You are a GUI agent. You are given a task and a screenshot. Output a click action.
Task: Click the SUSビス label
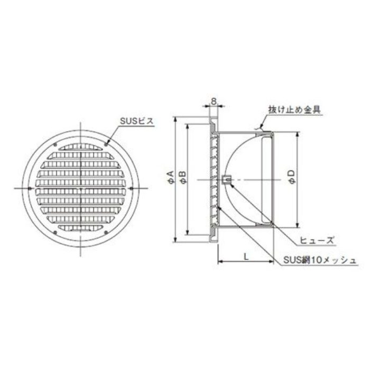[x=136, y=121]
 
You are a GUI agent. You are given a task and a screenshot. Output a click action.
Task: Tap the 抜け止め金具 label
[x=295, y=110]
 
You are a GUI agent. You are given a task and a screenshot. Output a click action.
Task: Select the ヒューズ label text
[x=317, y=240]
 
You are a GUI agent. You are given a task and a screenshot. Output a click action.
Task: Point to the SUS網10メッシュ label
[x=320, y=260]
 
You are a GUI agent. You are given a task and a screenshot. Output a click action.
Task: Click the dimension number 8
[x=214, y=101]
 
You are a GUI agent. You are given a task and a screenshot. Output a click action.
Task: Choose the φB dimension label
[x=183, y=177]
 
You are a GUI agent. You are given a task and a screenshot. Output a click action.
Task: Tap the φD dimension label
[x=292, y=177]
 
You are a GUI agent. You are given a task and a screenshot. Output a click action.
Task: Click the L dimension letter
[x=246, y=256]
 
